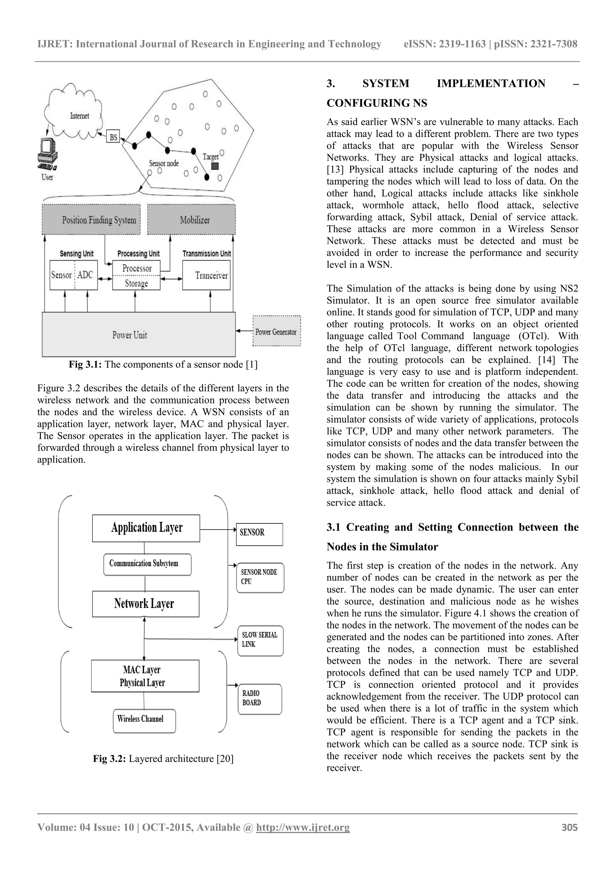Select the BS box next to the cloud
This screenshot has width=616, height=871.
pos(113,136)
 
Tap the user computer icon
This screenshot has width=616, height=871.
pos(48,154)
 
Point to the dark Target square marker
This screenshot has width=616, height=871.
pos(215,166)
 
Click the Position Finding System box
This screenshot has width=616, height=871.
pos(91,220)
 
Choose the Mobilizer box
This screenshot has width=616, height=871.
pos(191,220)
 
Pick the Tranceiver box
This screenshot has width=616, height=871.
pos(206,275)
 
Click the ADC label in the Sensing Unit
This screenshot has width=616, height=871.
pos(85,275)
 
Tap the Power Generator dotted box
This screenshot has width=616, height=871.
pos(276,332)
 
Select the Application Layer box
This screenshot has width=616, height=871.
pos(146,528)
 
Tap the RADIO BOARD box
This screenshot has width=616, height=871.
pos(260,699)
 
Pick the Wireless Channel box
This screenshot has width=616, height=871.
pos(144,720)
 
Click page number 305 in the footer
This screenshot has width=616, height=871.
pos(569,827)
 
